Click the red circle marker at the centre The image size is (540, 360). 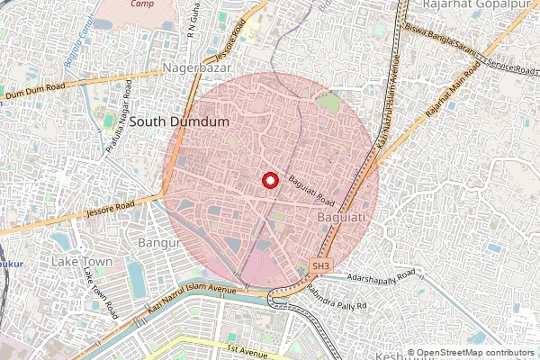coord(269,180)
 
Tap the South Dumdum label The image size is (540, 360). coord(179,120)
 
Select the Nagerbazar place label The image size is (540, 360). coord(197,68)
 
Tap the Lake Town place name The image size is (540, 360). coord(82,261)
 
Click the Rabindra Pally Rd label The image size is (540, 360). coord(339,297)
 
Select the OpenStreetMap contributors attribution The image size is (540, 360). coord(472,353)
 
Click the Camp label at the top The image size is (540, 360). coord(140,4)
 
